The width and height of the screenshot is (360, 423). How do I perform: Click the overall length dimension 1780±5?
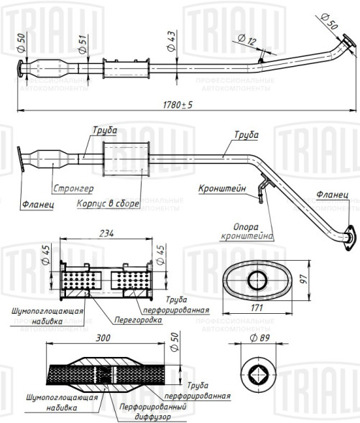177,105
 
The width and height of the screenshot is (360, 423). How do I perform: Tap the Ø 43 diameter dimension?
171,41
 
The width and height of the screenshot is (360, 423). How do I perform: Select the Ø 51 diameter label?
83,44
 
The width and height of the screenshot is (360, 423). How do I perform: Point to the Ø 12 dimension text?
247,39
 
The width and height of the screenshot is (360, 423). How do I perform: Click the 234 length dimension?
106,233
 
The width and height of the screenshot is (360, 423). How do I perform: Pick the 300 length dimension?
103,338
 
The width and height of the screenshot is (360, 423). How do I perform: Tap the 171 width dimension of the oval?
257,307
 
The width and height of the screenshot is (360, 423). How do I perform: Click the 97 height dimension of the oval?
304,278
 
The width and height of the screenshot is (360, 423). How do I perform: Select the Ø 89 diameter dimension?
260,338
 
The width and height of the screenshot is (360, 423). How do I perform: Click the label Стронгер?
73,188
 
